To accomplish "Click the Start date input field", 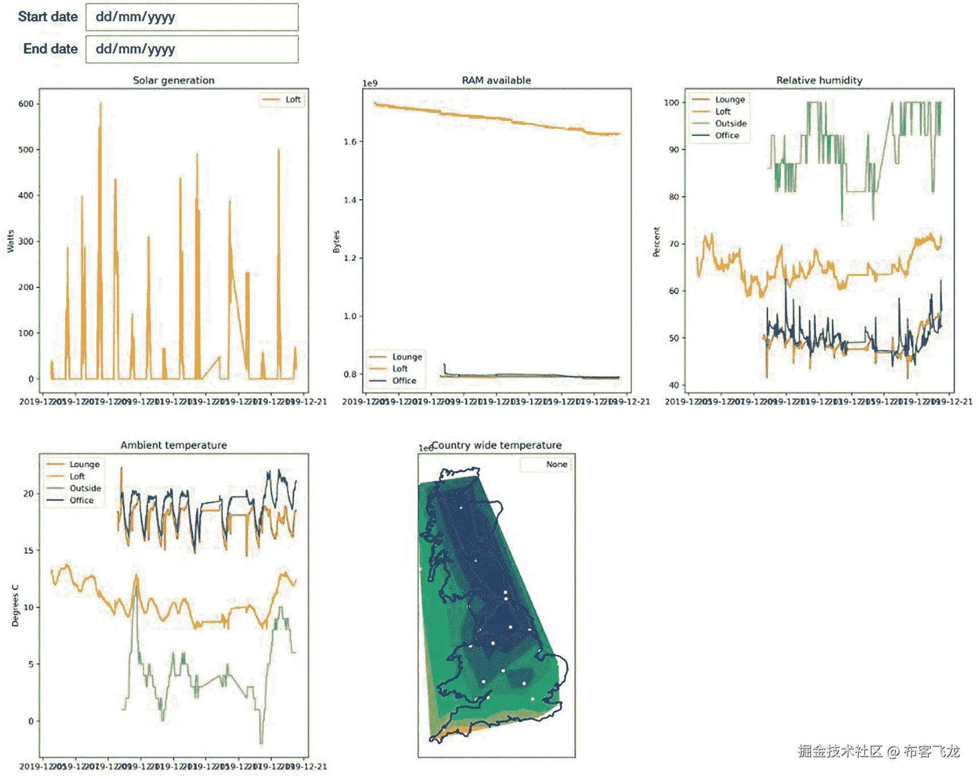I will (192, 17).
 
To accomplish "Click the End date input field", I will (192, 49).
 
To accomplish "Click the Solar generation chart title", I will (174, 81).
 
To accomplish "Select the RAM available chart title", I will (496, 81).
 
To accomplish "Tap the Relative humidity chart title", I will (819, 81).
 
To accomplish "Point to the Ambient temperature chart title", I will (174, 445).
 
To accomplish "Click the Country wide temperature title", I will (497, 445).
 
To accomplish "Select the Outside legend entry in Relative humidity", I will (730, 124).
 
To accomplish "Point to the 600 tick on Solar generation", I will (26, 104).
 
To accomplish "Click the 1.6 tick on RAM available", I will (350, 142).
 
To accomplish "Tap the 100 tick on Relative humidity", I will (671, 103).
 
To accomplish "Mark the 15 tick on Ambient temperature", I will (28, 550).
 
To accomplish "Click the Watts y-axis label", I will (10, 241).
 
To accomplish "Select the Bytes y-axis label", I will (337, 242).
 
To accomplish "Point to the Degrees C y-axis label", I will (15, 606).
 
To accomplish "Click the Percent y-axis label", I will (657, 242).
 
